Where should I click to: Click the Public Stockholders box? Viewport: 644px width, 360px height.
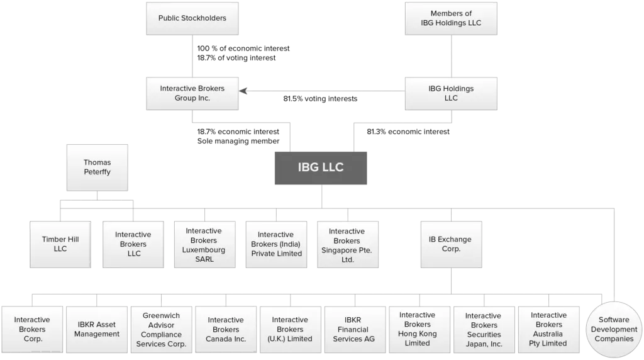(x=192, y=18)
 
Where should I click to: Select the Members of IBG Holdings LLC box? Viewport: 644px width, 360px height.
(x=451, y=18)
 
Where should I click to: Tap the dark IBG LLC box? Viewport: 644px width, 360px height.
(x=321, y=168)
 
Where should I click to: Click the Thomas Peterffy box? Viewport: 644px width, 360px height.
(x=97, y=167)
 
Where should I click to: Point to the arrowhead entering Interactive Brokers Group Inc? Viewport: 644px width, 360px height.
(x=243, y=91)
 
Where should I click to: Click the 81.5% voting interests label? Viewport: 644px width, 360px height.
(x=320, y=99)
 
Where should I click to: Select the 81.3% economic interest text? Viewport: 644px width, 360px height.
(x=408, y=132)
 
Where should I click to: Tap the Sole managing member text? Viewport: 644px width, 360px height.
(x=238, y=141)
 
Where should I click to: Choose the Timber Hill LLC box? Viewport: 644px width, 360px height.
(x=60, y=245)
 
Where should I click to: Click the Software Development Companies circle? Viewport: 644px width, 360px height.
(x=614, y=329)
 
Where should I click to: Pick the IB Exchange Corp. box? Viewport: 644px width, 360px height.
(x=451, y=245)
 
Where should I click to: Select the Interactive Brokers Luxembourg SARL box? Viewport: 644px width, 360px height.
(x=204, y=245)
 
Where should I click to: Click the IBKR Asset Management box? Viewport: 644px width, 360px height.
(x=97, y=330)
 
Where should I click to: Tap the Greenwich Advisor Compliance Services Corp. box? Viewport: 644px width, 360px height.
(x=162, y=330)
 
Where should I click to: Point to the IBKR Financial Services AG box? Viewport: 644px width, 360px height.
(x=355, y=330)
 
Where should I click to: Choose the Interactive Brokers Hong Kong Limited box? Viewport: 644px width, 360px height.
(x=419, y=330)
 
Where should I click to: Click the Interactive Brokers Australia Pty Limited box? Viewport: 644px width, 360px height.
(x=548, y=330)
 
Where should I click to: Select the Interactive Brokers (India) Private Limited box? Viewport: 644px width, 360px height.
(x=277, y=245)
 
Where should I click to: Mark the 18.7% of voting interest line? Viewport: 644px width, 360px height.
(x=236, y=58)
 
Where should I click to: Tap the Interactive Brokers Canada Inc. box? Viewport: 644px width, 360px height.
(x=226, y=330)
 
